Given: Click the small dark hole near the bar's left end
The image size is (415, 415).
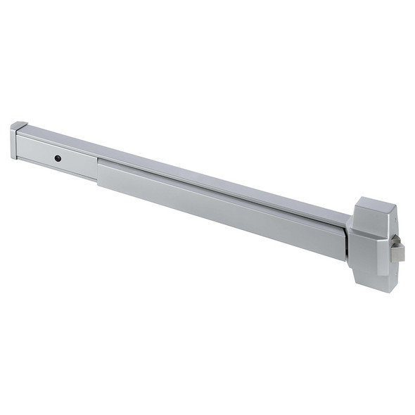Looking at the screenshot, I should [x=58, y=158].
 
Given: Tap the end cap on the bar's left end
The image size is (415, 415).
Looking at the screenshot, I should [x=14, y=141].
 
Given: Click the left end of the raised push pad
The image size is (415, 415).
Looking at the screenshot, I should [x=101, y=172].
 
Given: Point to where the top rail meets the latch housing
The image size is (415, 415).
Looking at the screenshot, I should [x=350, y=215].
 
